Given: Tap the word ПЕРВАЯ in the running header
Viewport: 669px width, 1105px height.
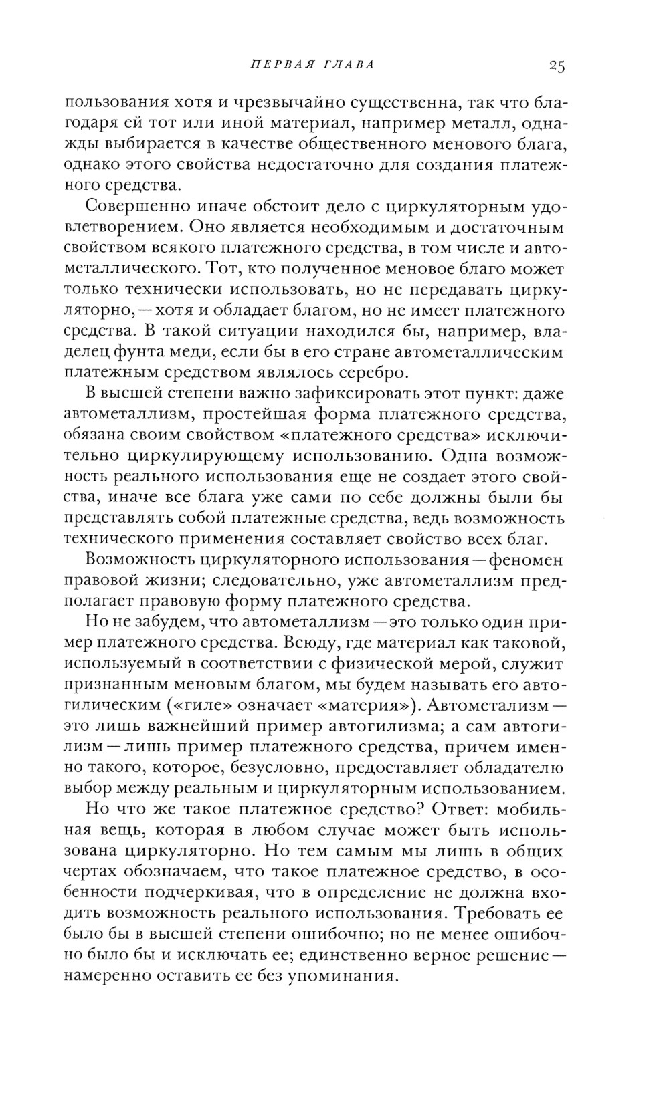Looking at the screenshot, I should (x=277, y=65).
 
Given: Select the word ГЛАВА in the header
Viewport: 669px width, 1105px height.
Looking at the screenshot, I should (x=348, y=65).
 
